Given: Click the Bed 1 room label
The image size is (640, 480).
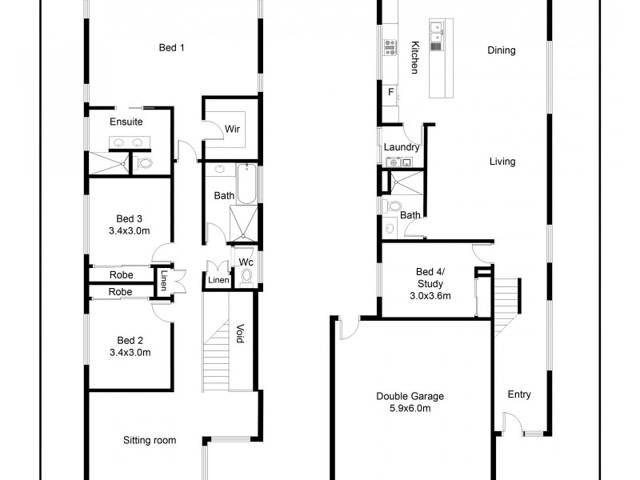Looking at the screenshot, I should coord(172,48).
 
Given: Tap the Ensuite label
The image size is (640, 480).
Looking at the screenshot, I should coord(126,122).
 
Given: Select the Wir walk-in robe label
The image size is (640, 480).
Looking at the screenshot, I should coord(233,129).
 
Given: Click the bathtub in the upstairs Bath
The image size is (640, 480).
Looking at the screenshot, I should coord(246,183).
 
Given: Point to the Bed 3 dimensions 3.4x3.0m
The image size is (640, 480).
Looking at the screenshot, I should coord(130,231).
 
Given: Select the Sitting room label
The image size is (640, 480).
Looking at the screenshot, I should coord(149,440).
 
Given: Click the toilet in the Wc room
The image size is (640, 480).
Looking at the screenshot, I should coord(246,276).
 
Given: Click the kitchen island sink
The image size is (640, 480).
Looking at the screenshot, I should coord(436,32).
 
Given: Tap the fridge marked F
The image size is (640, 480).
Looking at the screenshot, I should coord(390,92).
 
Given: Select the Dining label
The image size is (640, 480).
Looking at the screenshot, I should coord(502,50).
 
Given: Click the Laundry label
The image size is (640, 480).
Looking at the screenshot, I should coord(402,148).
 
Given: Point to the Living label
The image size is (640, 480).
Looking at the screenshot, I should coord(502,162).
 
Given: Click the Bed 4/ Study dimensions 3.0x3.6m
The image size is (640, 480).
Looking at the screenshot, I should coord(430,295).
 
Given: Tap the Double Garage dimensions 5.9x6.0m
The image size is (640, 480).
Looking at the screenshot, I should coord(410,409).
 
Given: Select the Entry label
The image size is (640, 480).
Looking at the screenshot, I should coord(519,394).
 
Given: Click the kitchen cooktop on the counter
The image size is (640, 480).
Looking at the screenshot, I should coord(390,48).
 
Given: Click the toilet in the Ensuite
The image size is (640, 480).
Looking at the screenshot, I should coord(146,163).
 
